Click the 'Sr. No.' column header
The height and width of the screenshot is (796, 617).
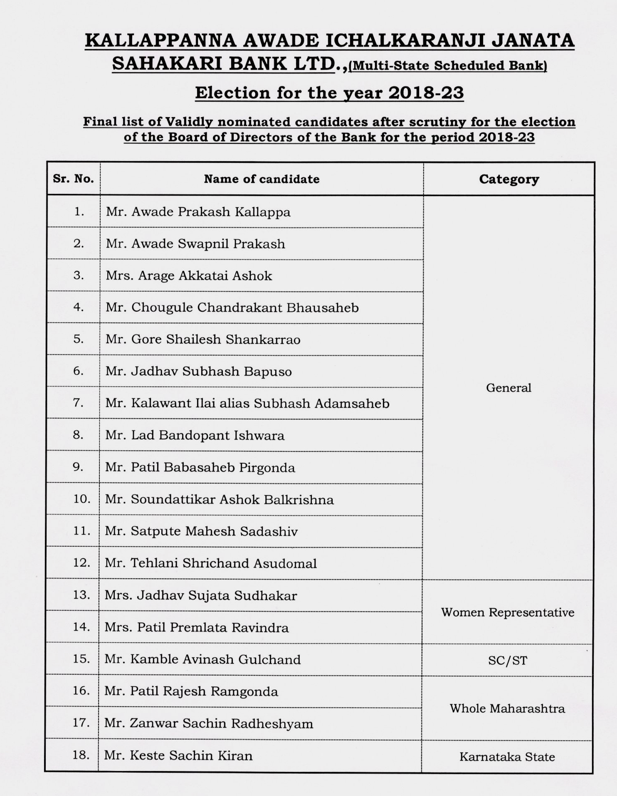[x=73, y=179]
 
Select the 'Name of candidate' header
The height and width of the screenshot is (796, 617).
[x=262, y=179]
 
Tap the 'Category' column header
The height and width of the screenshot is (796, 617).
[x=509, y=179]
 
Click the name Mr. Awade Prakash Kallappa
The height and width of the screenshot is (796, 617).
[x=198, y=212]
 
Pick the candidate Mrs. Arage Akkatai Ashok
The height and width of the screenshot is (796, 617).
[x=189, y=276]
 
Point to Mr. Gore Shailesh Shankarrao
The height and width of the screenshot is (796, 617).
[x=203, y=339]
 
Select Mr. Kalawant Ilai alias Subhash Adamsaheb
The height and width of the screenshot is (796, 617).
[x=247, y=403]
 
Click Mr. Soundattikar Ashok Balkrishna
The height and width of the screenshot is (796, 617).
[x=220, y=499]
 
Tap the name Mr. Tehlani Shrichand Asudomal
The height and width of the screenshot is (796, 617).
[x=211, y=563]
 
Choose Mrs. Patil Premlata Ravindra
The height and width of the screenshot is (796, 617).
[x=197, y=627]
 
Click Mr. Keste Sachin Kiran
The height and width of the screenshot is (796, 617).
[x=178, y=755]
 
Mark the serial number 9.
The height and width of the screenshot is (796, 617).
[x=78, y=467]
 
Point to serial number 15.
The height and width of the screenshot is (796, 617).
[x=81, y=659]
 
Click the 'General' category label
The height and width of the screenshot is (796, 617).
[x=508, y=388]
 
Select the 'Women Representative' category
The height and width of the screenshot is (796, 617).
[x=508, y=612]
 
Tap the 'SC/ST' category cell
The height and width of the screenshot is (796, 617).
[x=508, y=661]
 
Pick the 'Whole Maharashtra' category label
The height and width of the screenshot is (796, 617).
[x=507, y=708]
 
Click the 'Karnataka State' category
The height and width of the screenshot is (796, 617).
[x=507, y=757]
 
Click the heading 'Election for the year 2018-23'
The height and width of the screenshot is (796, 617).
[x=329, y=93]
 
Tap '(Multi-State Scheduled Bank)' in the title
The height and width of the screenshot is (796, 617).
[x=448, y=66]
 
